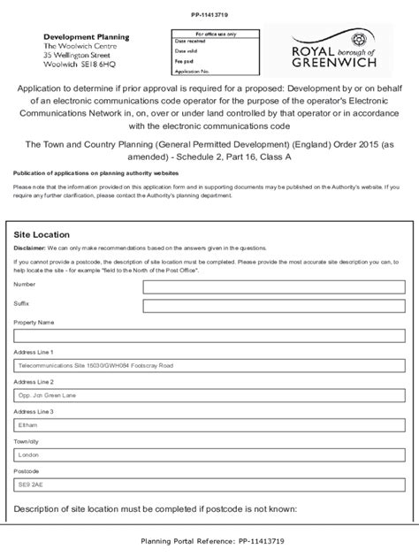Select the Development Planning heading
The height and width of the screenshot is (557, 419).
87,36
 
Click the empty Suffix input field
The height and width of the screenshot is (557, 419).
209,314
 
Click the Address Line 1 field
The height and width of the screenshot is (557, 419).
209,363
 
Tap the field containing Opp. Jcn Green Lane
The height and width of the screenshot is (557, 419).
209,394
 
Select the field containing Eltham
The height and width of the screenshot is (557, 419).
209,424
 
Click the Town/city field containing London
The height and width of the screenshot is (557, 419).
209,454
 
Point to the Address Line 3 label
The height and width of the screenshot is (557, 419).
34,411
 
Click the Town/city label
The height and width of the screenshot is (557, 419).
27,440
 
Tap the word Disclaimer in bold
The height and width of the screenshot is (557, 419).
31,249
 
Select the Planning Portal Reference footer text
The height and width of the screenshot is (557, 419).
209,541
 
